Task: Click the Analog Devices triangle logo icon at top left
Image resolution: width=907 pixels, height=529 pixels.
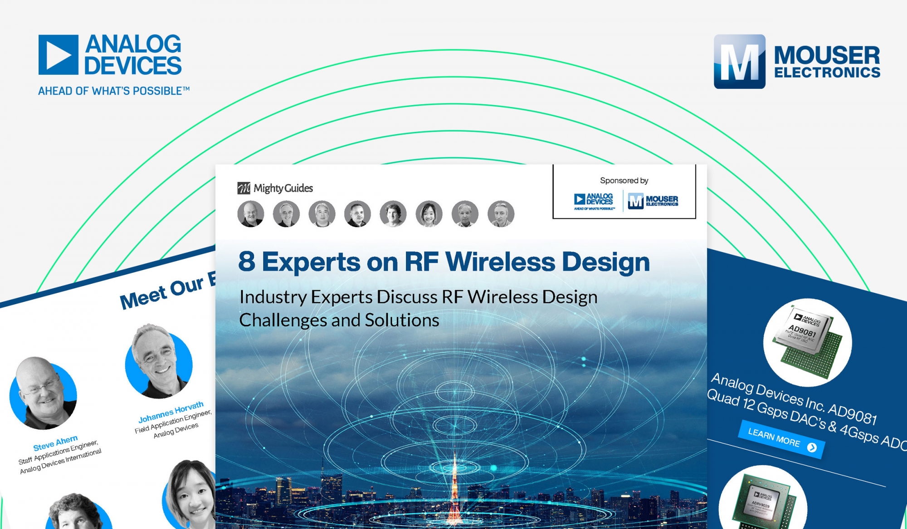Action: click(x=59, y=55)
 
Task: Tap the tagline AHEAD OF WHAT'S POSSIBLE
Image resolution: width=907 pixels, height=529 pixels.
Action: click(x=113, y=91)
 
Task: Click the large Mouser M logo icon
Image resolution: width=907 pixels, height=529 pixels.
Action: click(x=739, y=62)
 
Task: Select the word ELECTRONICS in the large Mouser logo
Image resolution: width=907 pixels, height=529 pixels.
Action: click(x=827, y=73)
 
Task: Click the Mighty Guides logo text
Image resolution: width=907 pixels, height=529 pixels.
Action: click(x=283, y=188)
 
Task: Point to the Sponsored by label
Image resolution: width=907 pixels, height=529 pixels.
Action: click(x=624, y=180)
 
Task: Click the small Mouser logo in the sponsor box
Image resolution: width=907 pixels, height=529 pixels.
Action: click(x=653, y=201)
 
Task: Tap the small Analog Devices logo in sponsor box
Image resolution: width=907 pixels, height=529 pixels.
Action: click(x=594, y=201)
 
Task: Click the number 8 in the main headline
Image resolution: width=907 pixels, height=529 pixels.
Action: click(x=247, y=262)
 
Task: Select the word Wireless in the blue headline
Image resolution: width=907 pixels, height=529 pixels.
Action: click(x=500, y=262)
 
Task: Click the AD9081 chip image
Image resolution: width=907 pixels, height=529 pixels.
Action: click(x=808, y=342)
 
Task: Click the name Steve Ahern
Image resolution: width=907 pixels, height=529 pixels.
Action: click(x=55, y=443)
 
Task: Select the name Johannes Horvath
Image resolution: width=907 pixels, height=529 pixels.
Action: click(x=171, y=412)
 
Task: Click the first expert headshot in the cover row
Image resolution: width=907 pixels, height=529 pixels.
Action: click(x=250, y=214)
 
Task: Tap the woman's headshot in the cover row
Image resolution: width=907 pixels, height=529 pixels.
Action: click(x=429, y=214)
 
